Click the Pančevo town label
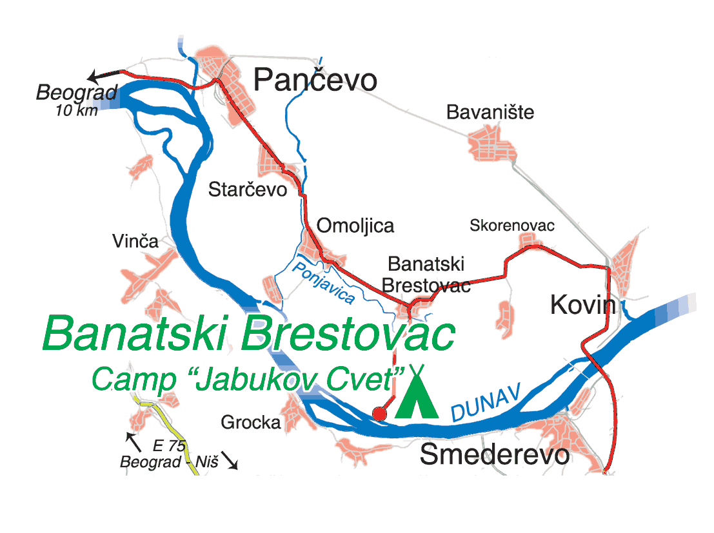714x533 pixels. tap(315, 81)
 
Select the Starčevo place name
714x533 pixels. tap(247, 189)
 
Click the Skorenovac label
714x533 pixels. tap(512, 226)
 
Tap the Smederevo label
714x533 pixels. tap(495, 455)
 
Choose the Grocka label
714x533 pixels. tap(251, 423)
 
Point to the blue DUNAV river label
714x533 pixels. tap(486, 403)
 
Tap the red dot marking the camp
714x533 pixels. tap(380, 414)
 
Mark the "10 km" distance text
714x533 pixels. tap(77, 110)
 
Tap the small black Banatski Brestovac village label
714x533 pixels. tap(426, 274)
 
